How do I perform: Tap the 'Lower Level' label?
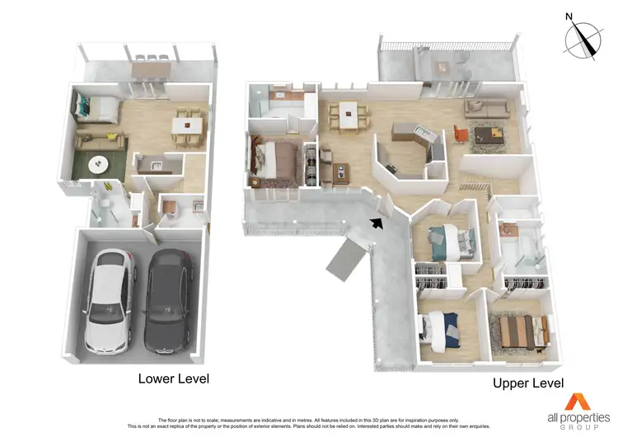click(173, 378)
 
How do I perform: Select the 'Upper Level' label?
click(528, 383)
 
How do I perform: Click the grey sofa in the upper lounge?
click(486, 108)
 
